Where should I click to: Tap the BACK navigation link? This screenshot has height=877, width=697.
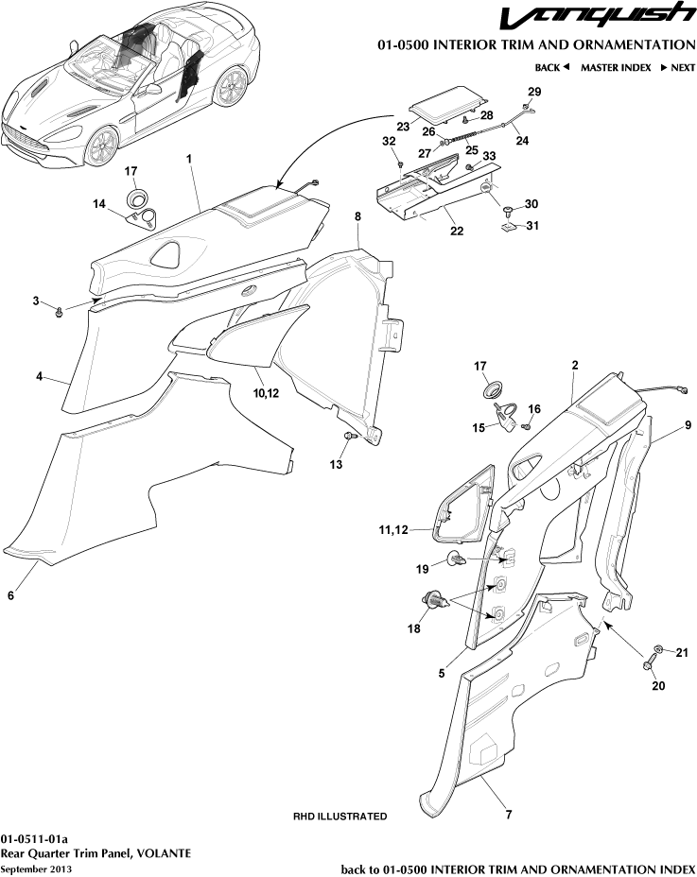pos(552,68)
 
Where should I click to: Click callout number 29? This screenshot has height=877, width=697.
pos(534,92)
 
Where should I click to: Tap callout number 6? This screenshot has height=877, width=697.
pos(10,595)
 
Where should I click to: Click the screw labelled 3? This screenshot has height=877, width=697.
pos(59,310)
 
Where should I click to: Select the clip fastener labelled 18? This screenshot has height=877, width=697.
pos(435,599)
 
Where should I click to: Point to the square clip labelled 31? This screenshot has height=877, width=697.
pos(509,227)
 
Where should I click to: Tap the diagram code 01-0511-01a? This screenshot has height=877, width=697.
pos(34,838)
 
